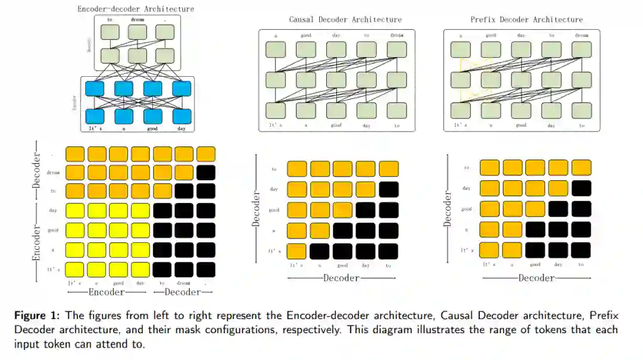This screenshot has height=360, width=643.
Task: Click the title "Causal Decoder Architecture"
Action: (x=345, y=20)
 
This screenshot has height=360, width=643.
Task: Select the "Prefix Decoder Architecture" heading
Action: (x=526, y=20)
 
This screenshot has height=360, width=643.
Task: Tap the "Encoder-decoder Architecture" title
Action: (x=136, y=9)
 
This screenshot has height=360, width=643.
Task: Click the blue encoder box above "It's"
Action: (x=95, y=116)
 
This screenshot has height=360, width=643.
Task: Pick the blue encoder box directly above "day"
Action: (x=182, y=116)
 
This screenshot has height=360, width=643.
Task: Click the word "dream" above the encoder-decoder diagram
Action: (x=138, y=19)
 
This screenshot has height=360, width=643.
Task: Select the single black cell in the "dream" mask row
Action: (x=205, y=173)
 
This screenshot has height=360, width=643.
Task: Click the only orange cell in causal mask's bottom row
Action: (x=297, y=251)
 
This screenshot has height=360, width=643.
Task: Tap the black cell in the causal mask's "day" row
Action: (x=389, y=190)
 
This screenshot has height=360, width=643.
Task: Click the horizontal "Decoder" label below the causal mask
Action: (x=341, y=278)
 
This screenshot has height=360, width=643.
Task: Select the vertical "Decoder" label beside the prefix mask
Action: (x=448, y=209)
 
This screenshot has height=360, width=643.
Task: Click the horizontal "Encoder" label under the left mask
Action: (x=107, y=292)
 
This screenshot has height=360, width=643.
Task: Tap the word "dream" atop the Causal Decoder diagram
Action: (x=397, y=36)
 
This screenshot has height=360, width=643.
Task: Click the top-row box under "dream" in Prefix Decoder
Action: (x=582, y=48)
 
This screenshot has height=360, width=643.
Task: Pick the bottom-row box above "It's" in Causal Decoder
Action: (x=276, y=111)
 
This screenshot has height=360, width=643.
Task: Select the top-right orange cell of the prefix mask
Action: (x=581, y=167)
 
